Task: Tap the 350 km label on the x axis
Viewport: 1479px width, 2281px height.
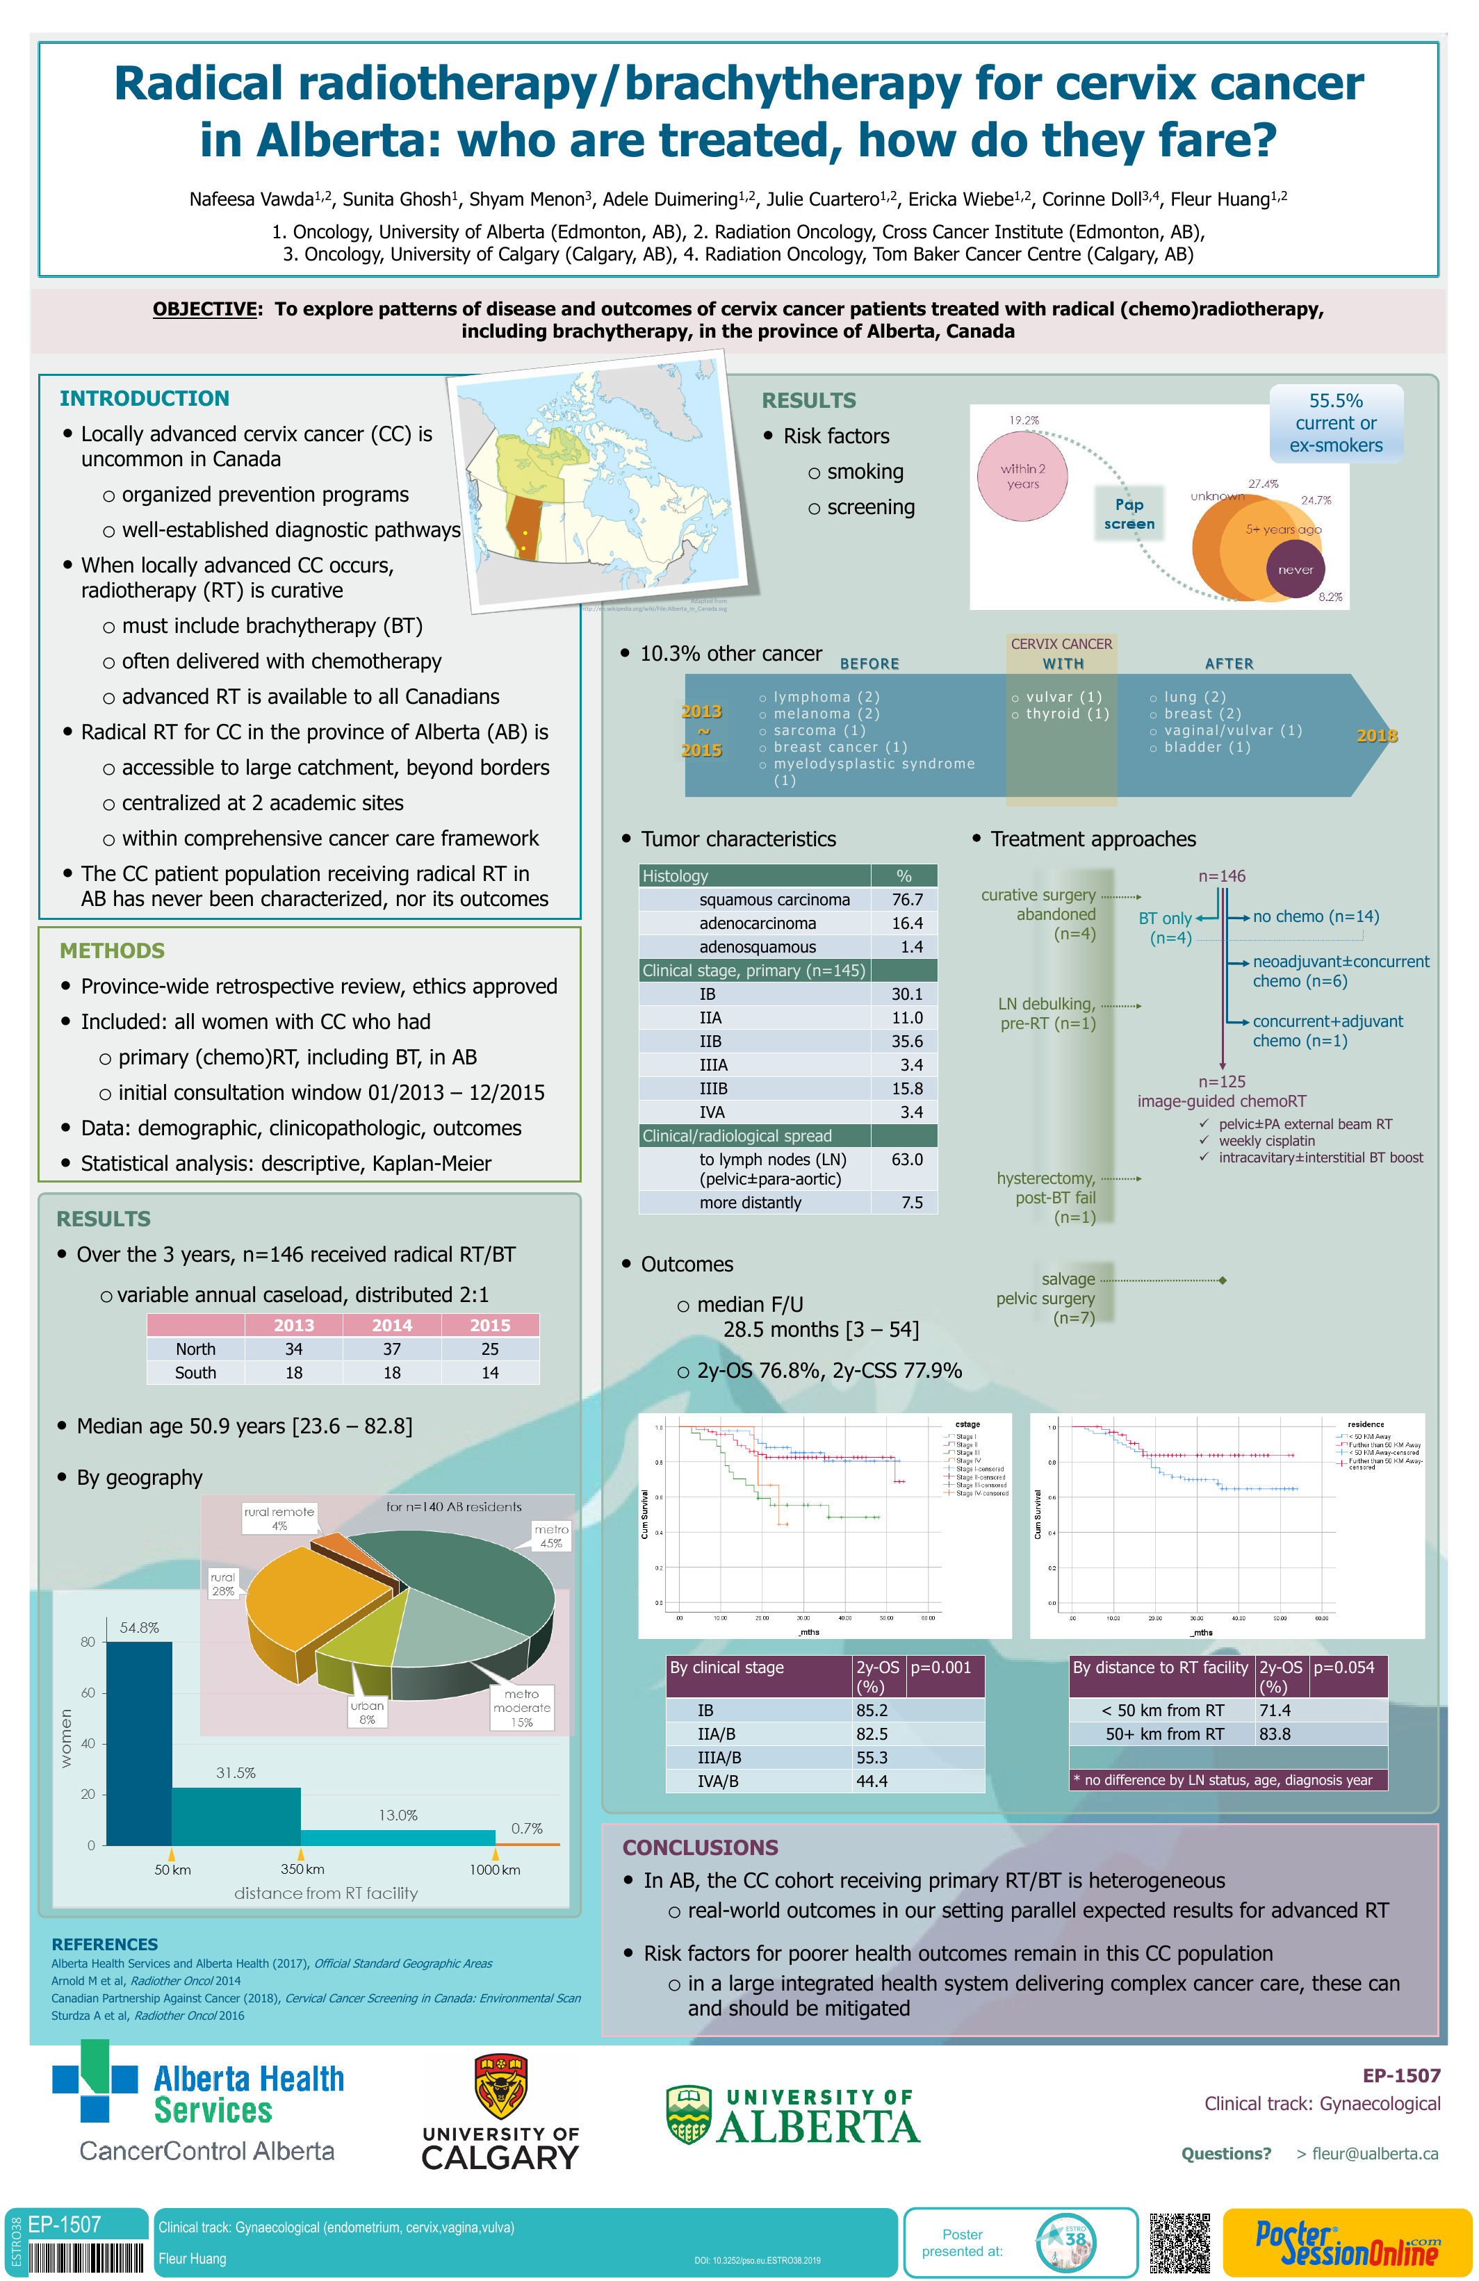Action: click(302, 1869)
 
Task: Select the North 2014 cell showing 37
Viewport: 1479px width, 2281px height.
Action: click(391, 1349)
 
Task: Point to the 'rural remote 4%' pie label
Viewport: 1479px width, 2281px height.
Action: click(279, 1517)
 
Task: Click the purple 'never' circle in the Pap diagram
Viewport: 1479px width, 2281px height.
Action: click(1295, 569)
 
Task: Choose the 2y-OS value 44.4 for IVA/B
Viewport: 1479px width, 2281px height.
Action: click(872, 1781)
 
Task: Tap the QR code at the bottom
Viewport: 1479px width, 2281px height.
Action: click(1180, 2243)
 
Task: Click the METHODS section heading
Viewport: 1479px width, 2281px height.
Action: click(112, 950)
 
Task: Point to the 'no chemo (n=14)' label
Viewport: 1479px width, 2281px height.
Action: click(1315, 916)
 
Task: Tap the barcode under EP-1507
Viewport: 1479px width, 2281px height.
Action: click(84, 2258)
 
